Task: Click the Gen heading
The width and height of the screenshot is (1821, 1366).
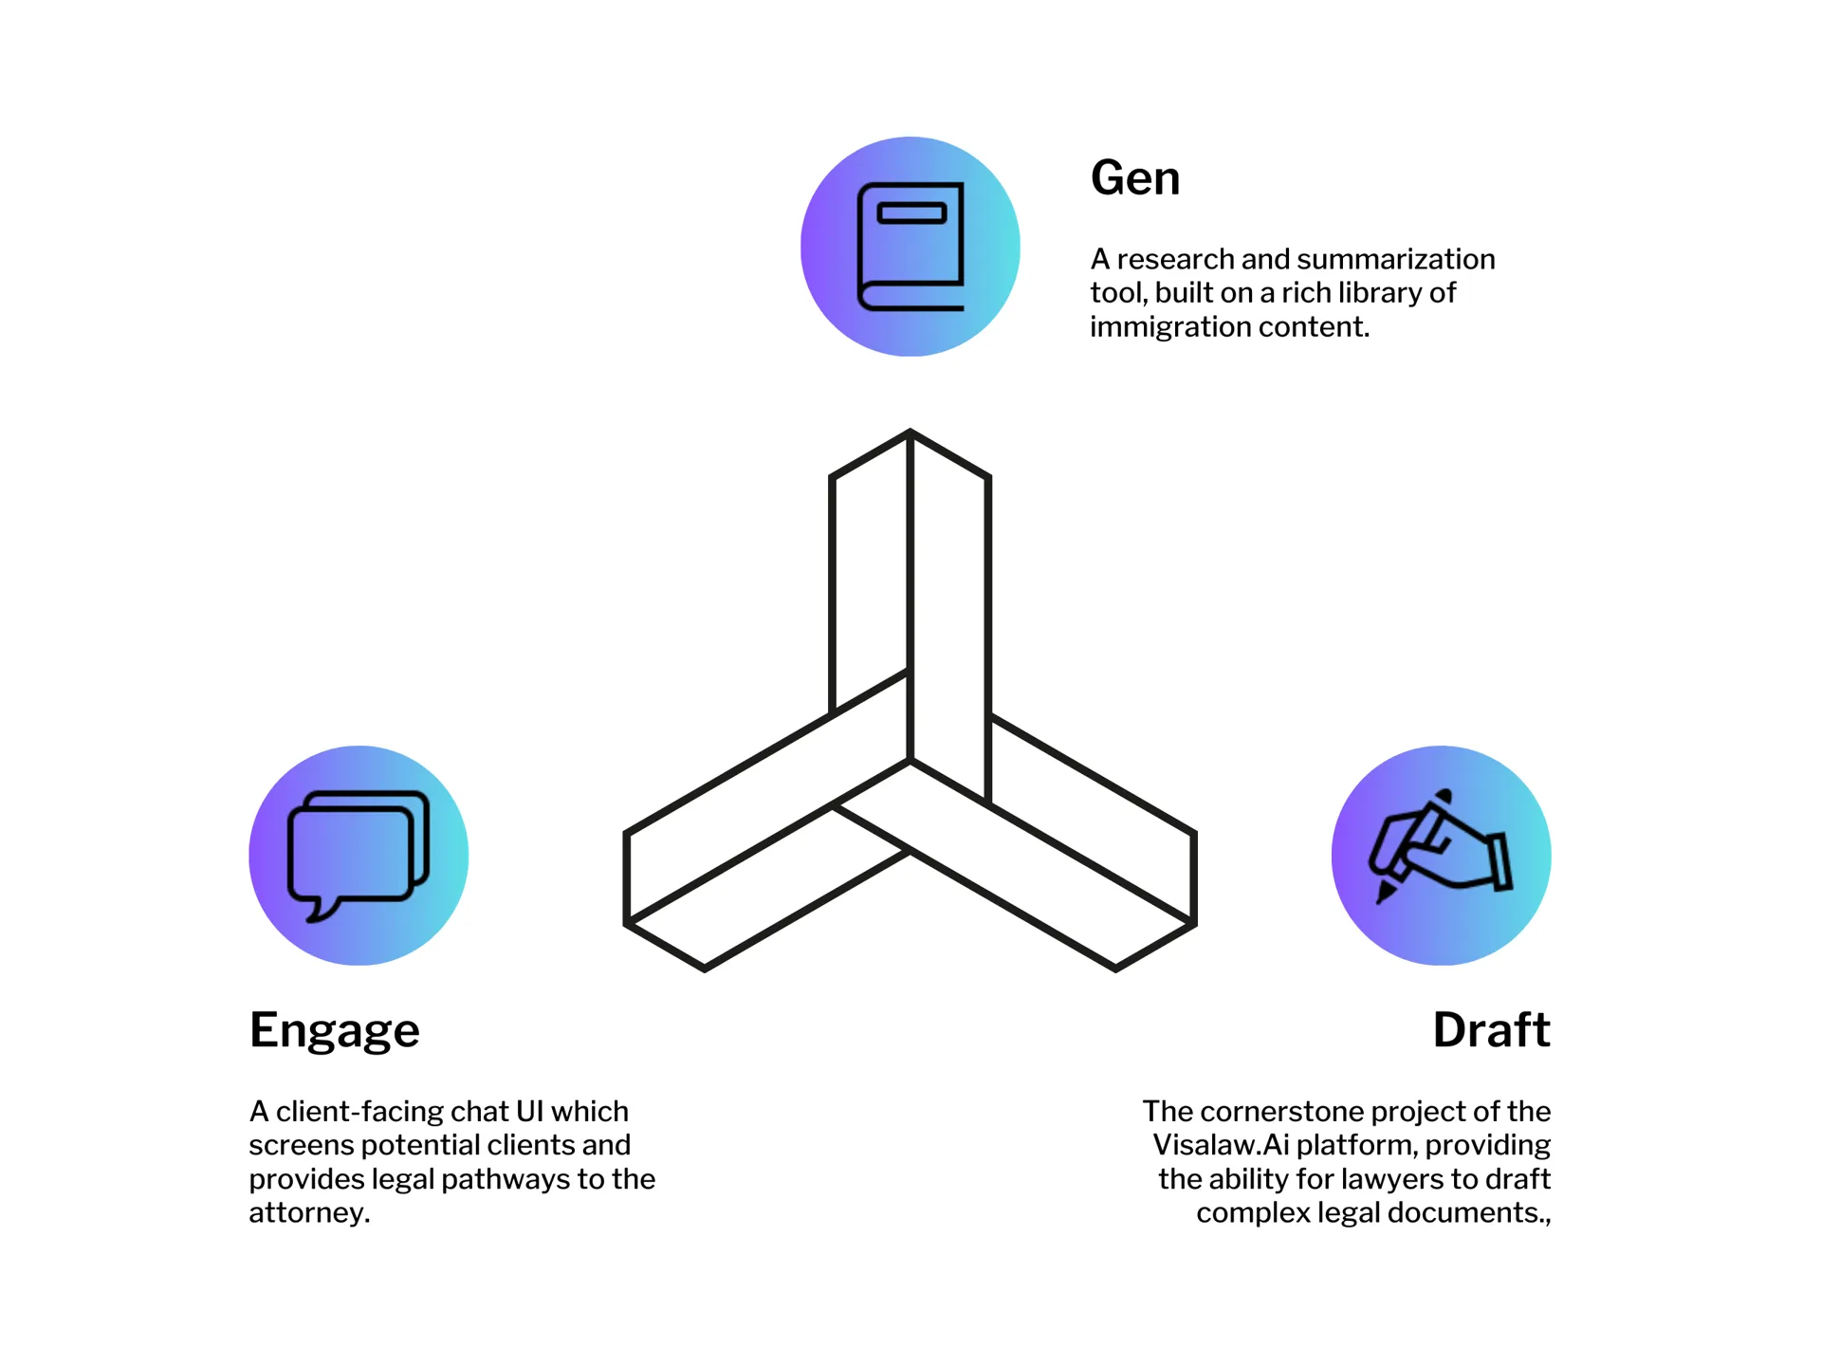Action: click(1135, 178)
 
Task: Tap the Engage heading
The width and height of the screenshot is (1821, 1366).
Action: click(334, 1030)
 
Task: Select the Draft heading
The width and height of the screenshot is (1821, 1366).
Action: click(1491, 1030)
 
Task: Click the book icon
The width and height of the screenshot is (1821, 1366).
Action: click(910, 247)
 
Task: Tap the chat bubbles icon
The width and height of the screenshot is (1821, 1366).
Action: click(359, 855)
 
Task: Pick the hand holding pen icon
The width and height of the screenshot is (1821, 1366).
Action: click(1441, 847)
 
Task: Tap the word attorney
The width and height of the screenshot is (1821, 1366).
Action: click(306, 1213)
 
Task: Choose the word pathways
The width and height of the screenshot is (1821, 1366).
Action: click(507, 1179)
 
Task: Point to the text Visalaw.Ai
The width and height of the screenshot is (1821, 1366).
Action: click(1221, 1145)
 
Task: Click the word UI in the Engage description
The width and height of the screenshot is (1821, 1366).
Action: click(528, 1111)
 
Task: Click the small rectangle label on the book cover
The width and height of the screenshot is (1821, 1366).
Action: click(911, 213)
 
